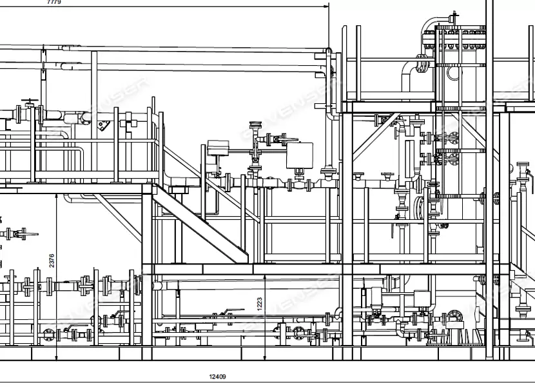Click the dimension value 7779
[x=54, y=3]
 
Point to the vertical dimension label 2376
[x=52, y=260]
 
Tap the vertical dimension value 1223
[x=260, y=303]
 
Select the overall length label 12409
[x=218, y=377]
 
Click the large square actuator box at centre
[x=300, y=155]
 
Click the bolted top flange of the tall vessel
[x=460, y=29]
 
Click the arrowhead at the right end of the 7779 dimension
[x=326, y=6]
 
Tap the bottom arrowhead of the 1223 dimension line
[x=266, y=357]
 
